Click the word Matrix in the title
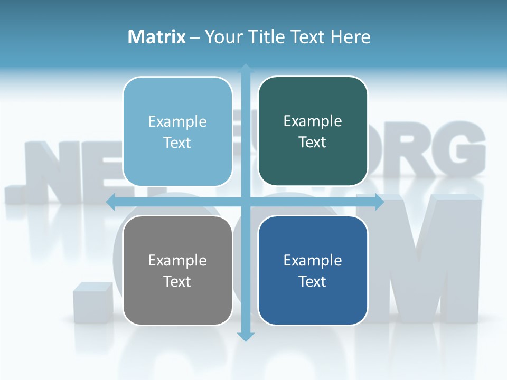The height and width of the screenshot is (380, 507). [156, 37]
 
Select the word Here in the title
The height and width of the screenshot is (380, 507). [350, 37]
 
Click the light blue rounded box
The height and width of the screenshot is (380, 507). [177, 131]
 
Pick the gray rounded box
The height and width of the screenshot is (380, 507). [177, 270]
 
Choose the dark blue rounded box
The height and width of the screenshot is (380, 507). [313, 270]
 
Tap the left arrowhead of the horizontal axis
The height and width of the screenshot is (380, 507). [111, 202]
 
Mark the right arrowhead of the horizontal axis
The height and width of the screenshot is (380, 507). [379, 202]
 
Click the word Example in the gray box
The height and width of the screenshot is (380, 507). [177, 260]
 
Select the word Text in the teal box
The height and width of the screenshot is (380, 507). [313, 142]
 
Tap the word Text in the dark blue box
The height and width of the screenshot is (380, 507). [313, 281]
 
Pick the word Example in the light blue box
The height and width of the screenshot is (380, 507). [177, 121]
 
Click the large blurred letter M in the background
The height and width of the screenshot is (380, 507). [422, 259]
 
